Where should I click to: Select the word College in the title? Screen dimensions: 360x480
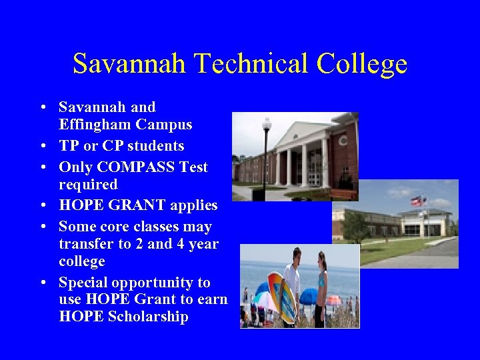[362, 64]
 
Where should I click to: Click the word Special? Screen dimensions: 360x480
[83, 282]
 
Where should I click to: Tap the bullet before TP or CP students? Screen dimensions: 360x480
[42, 146]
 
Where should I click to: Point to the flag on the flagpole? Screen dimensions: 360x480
[418, 201]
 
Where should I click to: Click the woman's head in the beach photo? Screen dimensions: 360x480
[322, 258]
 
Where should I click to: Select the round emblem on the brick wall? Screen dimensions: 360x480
[343, 141]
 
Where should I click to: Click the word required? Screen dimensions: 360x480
[88, 184]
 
